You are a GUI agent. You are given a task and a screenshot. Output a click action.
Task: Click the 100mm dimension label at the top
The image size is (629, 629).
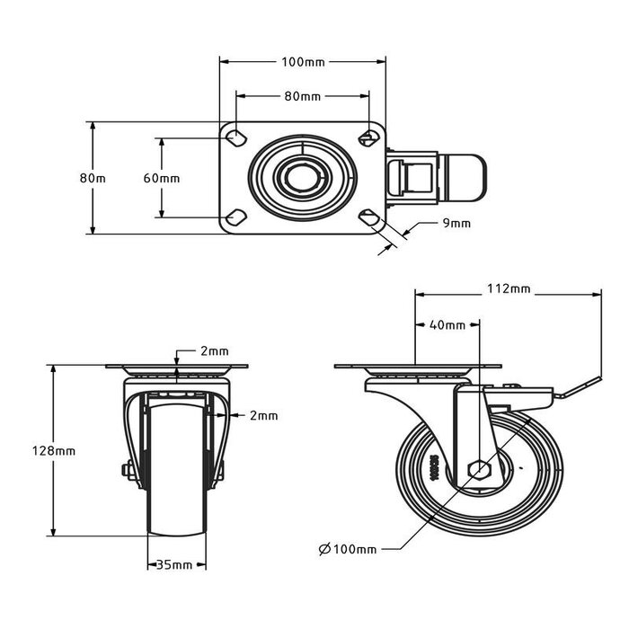click(303, 62)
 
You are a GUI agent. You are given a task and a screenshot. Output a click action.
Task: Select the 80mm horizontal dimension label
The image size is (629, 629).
click(303, 95)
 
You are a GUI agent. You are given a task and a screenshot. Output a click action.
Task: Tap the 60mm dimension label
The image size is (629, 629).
click(162, 178)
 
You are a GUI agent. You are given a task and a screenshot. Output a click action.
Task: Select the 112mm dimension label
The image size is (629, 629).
click(509, 289)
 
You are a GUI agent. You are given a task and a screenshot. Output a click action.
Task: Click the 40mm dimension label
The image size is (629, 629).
click(447, 324)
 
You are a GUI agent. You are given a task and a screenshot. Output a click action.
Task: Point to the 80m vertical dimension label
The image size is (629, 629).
click(93, 178)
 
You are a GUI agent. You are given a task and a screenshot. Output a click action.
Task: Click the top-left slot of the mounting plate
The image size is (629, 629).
click(237, 137)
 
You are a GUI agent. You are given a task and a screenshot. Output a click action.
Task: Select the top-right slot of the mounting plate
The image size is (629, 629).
click(367, 137)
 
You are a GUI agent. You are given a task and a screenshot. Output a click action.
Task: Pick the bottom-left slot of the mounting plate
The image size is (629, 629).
click(237, 217)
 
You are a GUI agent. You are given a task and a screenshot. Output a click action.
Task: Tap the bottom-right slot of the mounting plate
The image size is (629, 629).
click(367, 217)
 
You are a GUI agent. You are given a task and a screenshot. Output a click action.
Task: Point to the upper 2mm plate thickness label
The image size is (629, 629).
click(213, 350)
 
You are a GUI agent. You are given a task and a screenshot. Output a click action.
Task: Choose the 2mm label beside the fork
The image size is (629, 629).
click(262, 415)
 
